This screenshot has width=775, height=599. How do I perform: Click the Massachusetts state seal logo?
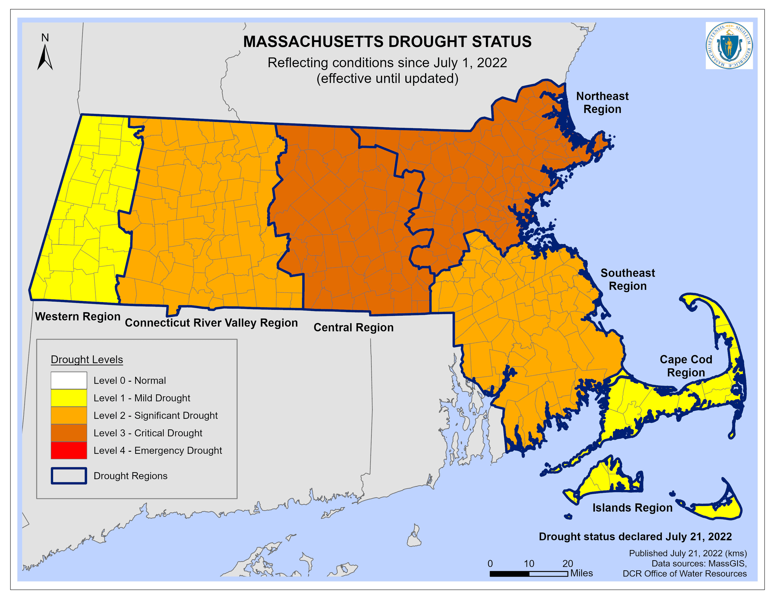pyautogui.click(x=729, y=45)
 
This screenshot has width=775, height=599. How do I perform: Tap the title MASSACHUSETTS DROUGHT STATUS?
pyautogui.click(x=387, y=41)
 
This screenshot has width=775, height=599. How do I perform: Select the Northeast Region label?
pyautogui.click(x=602, y=103)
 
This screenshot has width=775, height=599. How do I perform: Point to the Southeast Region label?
pyautogui.click(x=627, y=279)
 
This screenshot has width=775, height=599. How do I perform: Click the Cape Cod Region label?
pyautogui.click(x=686, y=366)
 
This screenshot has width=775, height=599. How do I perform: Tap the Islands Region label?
pyautogui.click(x=632, y=508)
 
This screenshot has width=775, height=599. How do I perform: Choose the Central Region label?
pyautogui.click(x=354, y=327)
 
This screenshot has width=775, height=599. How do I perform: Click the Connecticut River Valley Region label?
pyautogui.click(x=211, y=323)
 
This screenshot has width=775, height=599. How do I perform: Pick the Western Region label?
pyautogui.click(x=78, y=316)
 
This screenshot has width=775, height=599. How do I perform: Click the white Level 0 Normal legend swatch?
pyautogui.click(x=69, y=380)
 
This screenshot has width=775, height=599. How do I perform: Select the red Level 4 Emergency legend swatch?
pyautogui.click(x=69, y=450)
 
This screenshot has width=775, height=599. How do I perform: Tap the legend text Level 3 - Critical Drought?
pyautogui.click(x=148, y=433)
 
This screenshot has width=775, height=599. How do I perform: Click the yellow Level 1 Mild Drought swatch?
pyautogui.click(x=69, y=398)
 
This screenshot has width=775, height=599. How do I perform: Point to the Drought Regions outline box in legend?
pyautogui.click(x=69, y=476)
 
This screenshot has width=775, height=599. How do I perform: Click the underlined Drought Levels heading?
pyautogui.click(x=87, y=360)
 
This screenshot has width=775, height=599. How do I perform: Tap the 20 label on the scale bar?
pyautogui.click(x=568, y=564)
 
